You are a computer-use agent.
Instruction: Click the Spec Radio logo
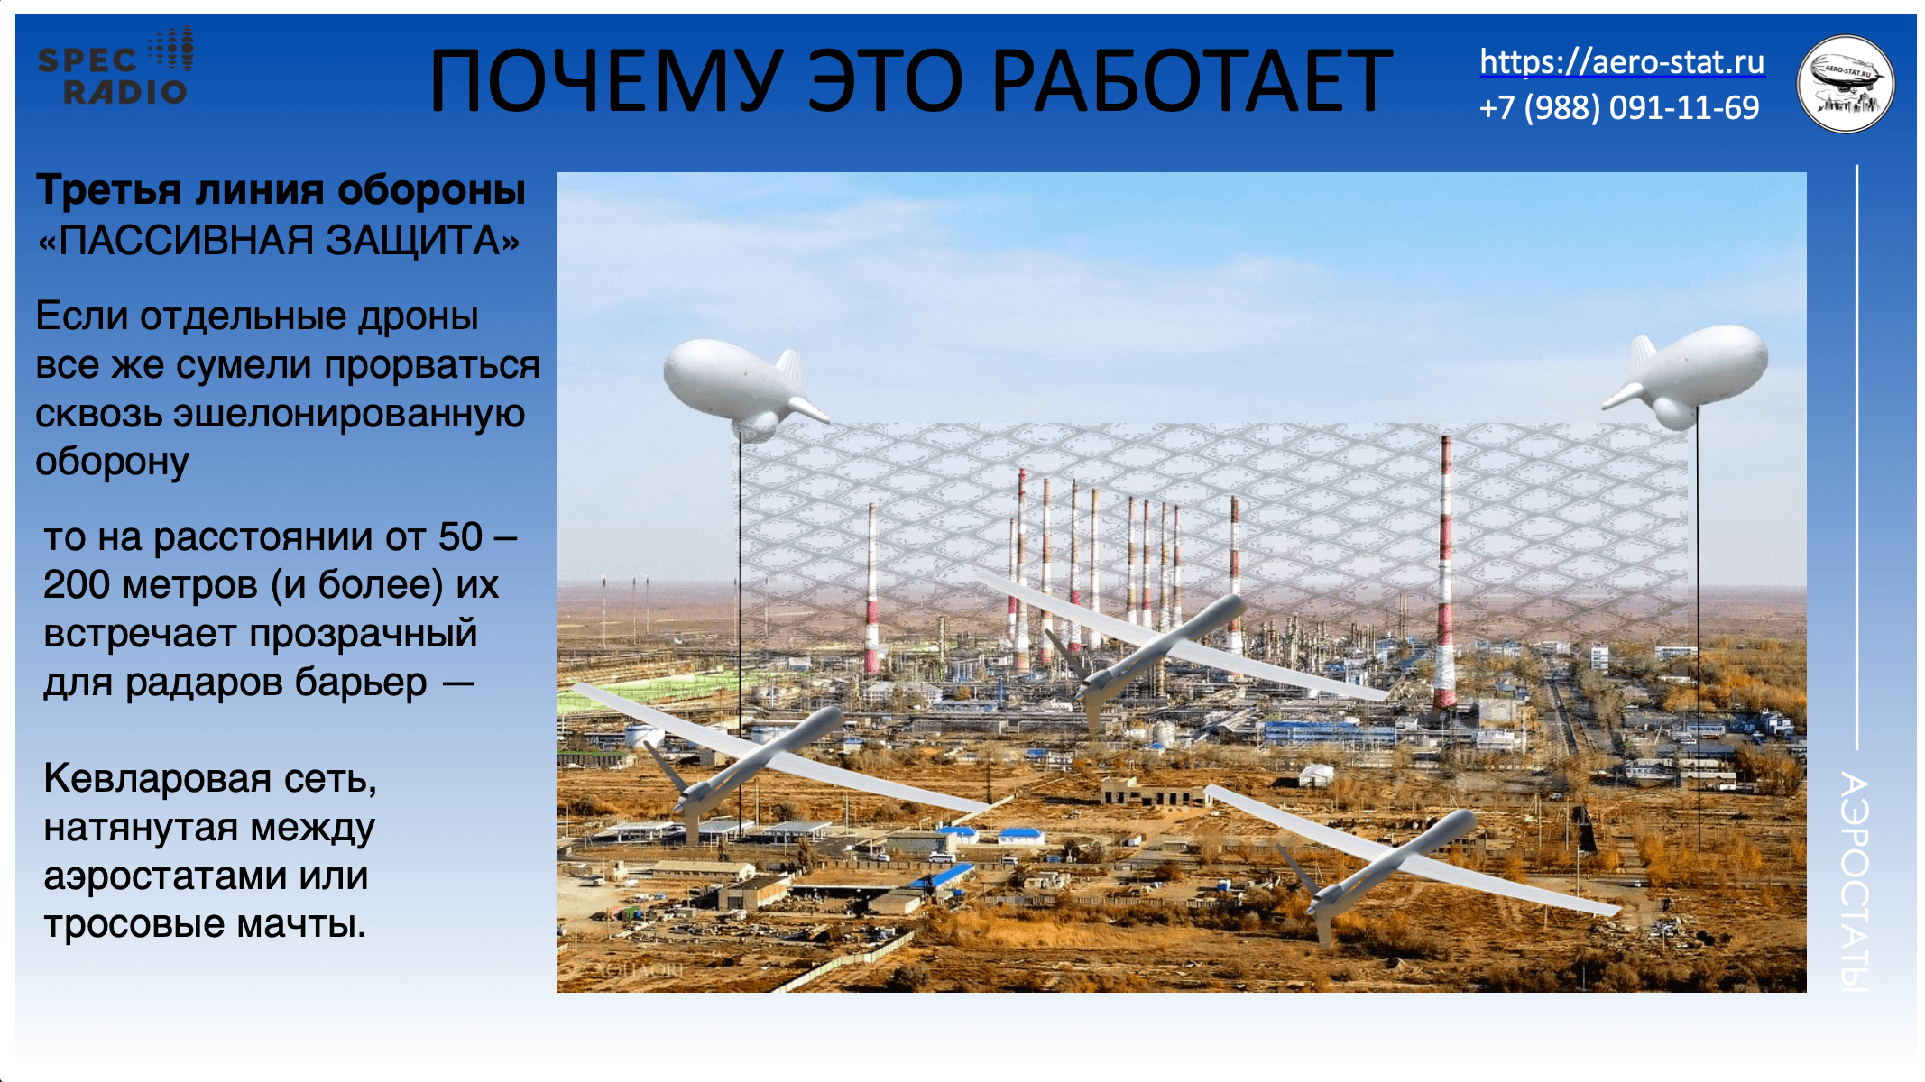[x=115, y=67]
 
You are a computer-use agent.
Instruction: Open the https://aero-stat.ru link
[x=1621, y=62]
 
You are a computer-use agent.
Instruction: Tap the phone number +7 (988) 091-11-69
[x=1618, y=108]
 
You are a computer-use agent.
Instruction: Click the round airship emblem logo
[x=1846, y=84]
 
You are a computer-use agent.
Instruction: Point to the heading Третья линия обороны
[x=281, y=190]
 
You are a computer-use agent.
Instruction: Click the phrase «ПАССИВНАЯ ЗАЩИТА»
[x=279, y=241]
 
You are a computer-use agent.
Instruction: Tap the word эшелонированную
[x=349, y=413]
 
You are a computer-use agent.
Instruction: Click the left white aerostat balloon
[x=735, y=386]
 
